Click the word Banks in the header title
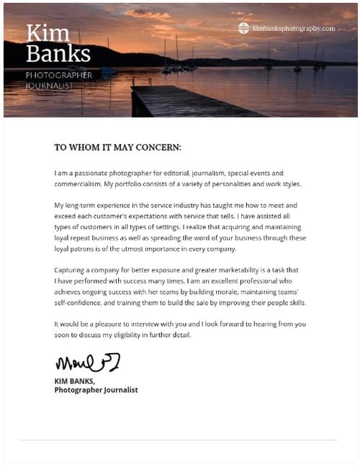(x=58, y=53)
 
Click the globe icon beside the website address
(x=243, y=28)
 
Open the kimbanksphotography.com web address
(x=294, y=28)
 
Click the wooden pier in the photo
(x=173, y=99)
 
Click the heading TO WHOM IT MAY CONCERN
(x=118, y=147)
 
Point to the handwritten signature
(x=87, y=360)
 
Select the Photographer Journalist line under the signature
(x=96, y=390)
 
